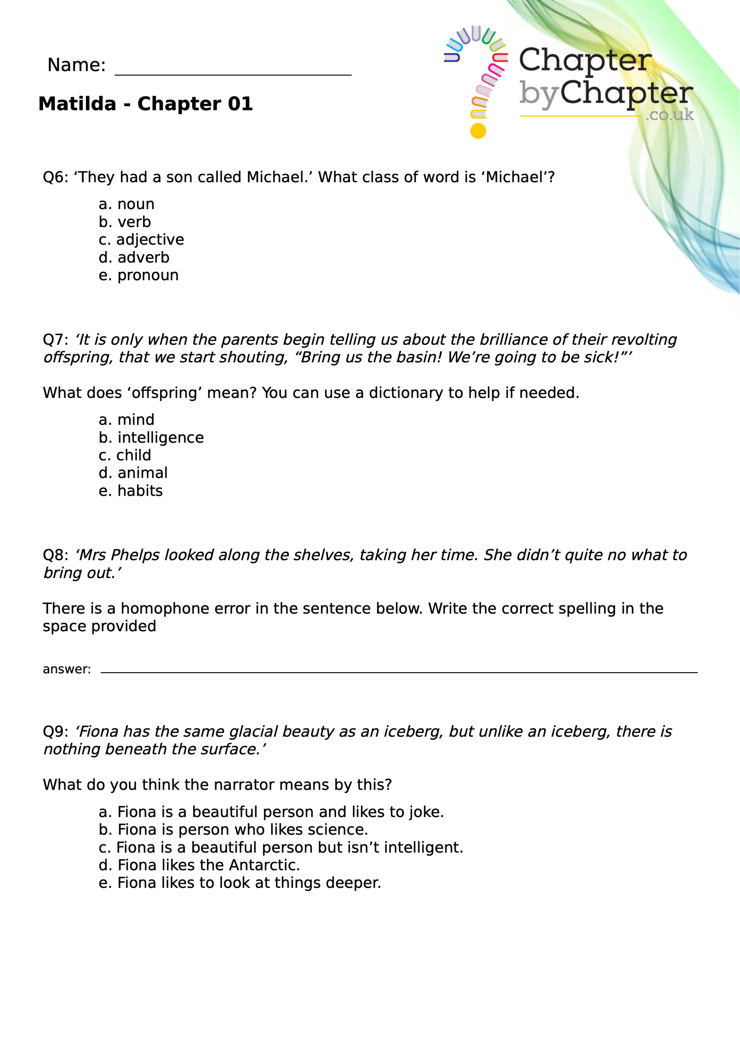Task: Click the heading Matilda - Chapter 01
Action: click(x=145, y=104)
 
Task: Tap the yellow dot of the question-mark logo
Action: click(x=478, y=131)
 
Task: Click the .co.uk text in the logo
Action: click(x=669, y=115)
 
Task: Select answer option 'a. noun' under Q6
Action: click(x=126, y=204)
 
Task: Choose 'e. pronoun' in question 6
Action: click(x=138, y=275)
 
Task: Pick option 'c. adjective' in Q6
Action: click(x=141, y=239)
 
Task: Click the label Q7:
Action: click(x=55, y=340)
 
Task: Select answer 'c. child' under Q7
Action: click(x=124, y=455)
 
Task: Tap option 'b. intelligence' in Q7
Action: click(x=151, y=437)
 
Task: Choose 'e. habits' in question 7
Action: click(x=130, y=491)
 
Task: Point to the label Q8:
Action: click(x=55, y=555)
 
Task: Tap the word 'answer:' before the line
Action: click(x=67, y=669)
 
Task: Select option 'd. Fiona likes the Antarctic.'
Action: click(x=199, y=865)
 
